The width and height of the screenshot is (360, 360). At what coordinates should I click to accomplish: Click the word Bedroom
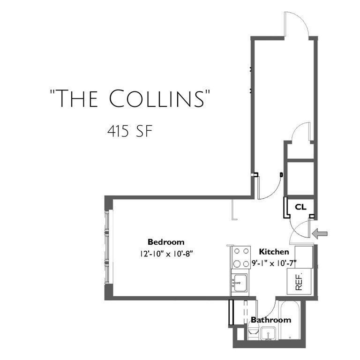(x=166, y=242)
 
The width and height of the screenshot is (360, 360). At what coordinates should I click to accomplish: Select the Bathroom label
(x=270, y=320)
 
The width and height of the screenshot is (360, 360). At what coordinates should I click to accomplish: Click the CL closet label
(x=300, y=206)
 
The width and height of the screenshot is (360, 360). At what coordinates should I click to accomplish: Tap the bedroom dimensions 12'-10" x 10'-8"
(x=166, y=254)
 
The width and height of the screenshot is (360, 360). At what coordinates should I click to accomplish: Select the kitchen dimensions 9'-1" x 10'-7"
(x=275, y=262)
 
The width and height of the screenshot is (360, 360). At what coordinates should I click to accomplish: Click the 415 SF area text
(x=128, y=131)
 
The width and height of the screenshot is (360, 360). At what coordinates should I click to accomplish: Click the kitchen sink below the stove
(x=240, y=283)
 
